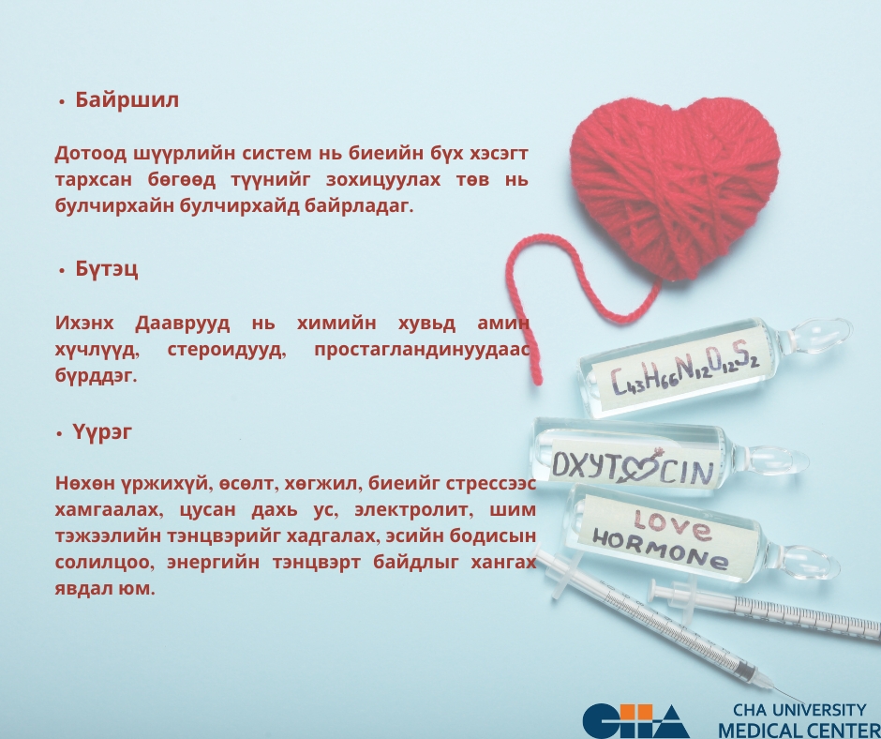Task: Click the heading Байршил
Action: pyautogui.click(x=127, y=100)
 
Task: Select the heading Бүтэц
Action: pyautogui.click(x=107, y=269)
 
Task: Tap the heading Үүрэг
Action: pyautogui.click(x=102, y=432)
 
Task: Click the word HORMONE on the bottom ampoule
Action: pyautogui.click(x=661, y=550)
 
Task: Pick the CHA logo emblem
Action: pyautogui.click(x=635, y=720)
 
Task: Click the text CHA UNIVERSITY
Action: pyautogui.click(x=799, y=710)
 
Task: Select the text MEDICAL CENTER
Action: pyautogui.click(x=799, y=730)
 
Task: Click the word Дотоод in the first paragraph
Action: pyautogui.click(x=91, y=153)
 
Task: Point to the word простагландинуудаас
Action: pyautogui.click(x=422, y=350)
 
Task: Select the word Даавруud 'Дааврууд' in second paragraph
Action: pyautogui.click(x=182, y=324)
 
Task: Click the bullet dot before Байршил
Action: pyautogui.click(x=62, y=102)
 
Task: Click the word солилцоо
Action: pyautogui.click(x=104, y=563)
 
